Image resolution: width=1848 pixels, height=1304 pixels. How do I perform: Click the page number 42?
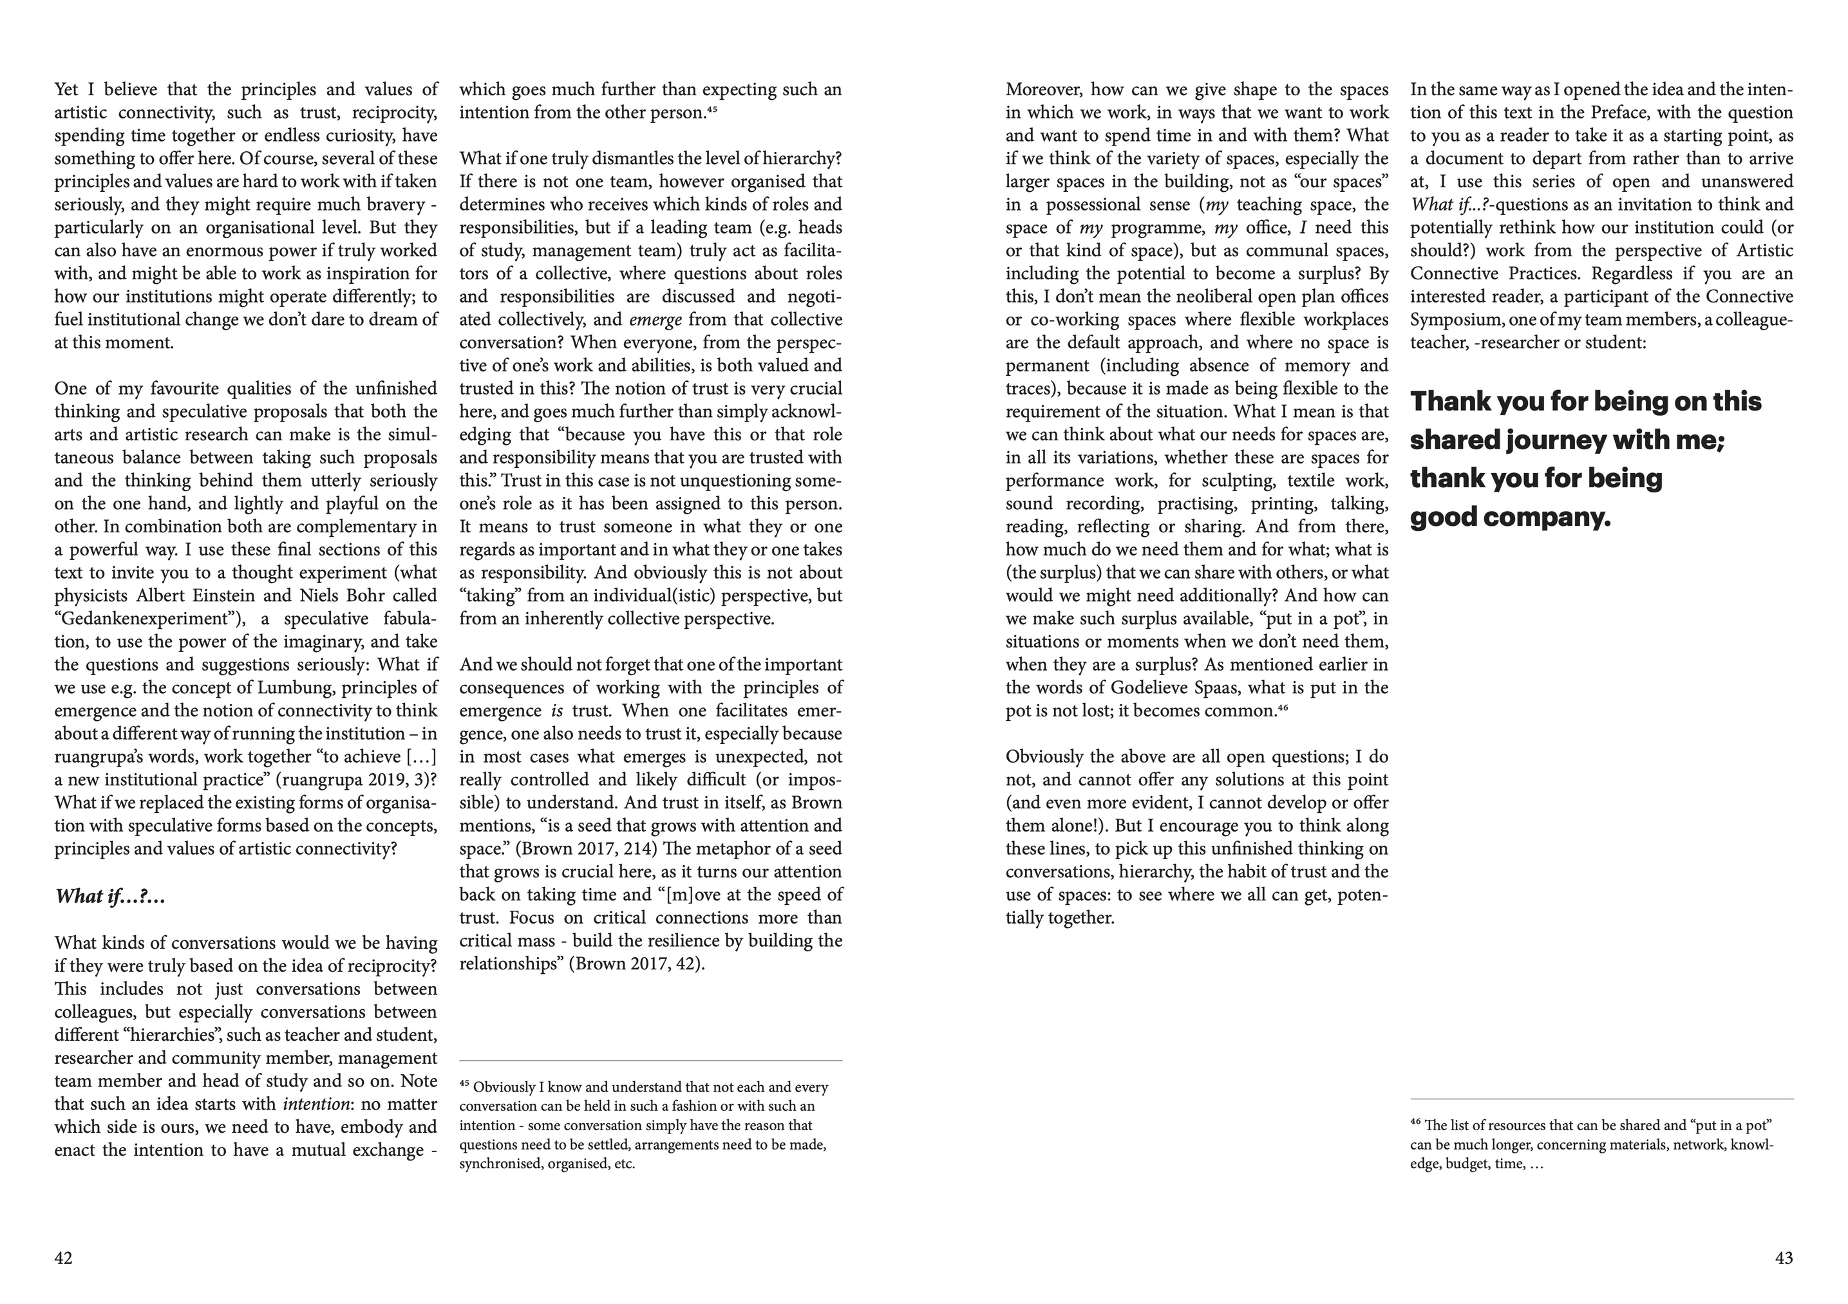64,1258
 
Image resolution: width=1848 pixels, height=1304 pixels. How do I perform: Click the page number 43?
1784,1258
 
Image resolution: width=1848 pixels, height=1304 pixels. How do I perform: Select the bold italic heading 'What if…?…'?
110,896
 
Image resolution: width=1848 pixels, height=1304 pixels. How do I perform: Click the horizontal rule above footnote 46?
1602,1099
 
